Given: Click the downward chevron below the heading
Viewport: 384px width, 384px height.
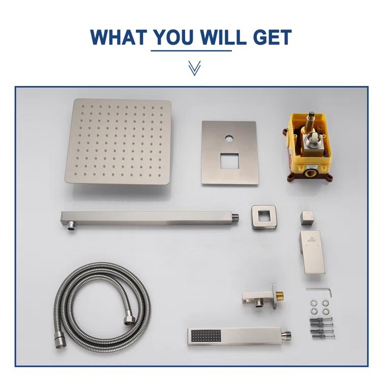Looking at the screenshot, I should pyautogui.click(x=192, y=68).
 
